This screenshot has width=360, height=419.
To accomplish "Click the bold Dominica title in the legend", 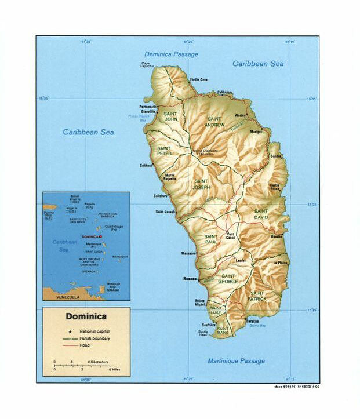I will [85, 316].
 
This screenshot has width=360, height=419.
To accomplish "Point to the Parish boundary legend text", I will [95, 338].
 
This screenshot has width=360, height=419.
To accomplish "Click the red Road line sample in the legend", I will [68, 345].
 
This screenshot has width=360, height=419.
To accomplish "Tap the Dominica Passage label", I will [171, 54].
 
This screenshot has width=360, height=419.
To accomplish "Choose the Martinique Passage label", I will [236, 361].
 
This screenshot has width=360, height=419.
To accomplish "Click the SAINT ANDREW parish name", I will [215, 121].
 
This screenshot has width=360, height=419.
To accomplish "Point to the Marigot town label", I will [256, 132].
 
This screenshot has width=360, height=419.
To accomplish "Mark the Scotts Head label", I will [203, 333].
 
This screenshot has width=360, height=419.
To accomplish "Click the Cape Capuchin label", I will [146, 65].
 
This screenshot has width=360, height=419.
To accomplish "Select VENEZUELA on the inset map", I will [67, 297].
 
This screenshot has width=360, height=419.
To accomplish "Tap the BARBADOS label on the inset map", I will [120, 257].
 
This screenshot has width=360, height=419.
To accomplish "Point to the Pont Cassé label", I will [230, 237].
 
